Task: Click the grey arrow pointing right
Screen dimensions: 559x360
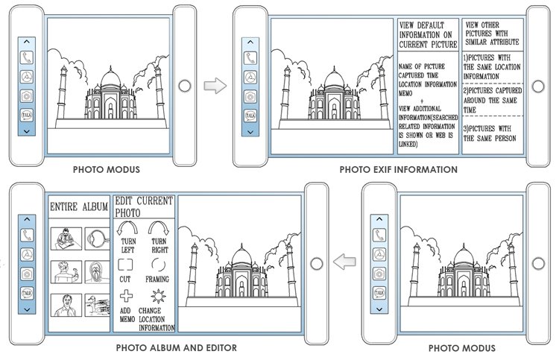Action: [x=215, y=86]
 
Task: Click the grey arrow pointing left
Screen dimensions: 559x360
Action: [x=344, y=262]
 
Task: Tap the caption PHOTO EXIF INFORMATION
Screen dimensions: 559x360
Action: [x=398, y=170]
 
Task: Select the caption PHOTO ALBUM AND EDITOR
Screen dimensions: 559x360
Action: [x=177, y=348]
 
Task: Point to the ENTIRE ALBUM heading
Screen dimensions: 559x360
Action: [x=79, y=206]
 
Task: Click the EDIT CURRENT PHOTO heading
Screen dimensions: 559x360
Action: [x=144, y=206]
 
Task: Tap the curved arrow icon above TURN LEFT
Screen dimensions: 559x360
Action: [x=127, y=228]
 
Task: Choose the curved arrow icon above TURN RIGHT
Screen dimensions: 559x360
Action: [x=159, y=228]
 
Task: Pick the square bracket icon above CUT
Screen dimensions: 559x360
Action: [x=125, y=265]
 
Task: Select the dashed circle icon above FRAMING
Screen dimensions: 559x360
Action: [x=158, y=265]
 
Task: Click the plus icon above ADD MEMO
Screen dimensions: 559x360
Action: [x=126, y=296]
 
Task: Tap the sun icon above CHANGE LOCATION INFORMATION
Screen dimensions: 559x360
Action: [x=158, y=296]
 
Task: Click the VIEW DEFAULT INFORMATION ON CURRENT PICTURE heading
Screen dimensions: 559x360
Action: [x=428, y=35]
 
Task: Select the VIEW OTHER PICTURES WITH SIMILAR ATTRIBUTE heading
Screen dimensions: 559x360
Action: [x=492, y=34]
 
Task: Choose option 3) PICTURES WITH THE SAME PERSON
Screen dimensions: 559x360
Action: [x=490, y=133]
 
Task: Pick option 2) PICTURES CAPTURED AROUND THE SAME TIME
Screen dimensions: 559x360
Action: [x=493, y=100]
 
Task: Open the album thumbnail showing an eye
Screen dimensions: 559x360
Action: [x=97, y=239]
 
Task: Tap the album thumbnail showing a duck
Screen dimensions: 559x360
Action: [x=97, y=305]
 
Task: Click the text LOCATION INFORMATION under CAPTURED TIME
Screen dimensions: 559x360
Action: [x=428, y=84]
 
